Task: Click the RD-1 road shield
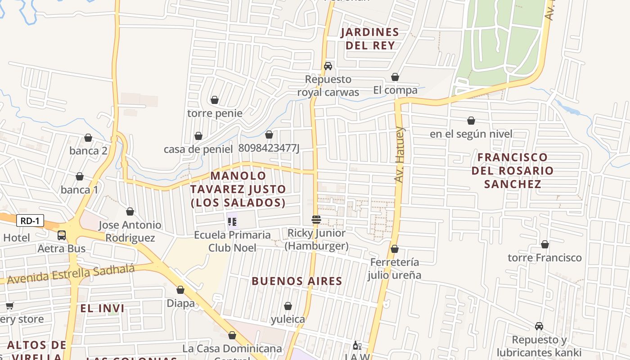coord(31,220)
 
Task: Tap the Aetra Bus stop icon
coord(62,235)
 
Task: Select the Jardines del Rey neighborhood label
coord(370,39)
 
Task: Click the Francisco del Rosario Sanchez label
coord(513,171)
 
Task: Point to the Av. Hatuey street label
coord(400,155)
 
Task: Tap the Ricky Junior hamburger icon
coord(316,220)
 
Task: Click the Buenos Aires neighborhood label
coord(297,281)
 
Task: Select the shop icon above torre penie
coord(215,100)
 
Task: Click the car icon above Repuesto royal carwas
coord(328,66)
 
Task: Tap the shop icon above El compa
coord(395,77)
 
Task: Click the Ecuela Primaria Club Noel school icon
coord(232,221)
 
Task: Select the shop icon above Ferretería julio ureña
coord(395,249)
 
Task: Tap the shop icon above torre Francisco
coord(544,245)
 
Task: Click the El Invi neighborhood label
coord(103,308)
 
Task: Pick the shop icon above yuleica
coord(288,306)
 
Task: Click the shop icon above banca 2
coord(88,138)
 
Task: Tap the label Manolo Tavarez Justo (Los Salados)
coord(238,189)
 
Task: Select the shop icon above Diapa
coord(180,290)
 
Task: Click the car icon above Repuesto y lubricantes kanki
coord(539,326)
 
